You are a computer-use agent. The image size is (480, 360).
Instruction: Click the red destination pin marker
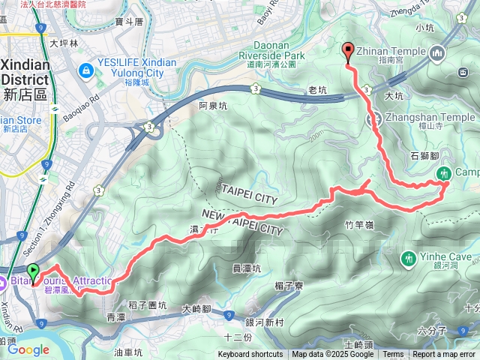[348, 52]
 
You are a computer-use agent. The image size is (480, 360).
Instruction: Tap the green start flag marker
[33, 271]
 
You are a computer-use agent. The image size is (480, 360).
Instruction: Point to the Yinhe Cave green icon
[409, 258]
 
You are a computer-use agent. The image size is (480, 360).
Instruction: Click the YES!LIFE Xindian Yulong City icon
[86, 70]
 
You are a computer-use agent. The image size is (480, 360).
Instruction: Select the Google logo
[28, 349]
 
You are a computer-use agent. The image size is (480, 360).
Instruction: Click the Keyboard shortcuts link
[250, 355]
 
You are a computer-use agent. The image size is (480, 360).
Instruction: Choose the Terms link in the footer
[393, 355]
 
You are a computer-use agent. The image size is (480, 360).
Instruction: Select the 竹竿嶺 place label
[359, 224]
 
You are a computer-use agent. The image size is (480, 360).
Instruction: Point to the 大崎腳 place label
[198, 309]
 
